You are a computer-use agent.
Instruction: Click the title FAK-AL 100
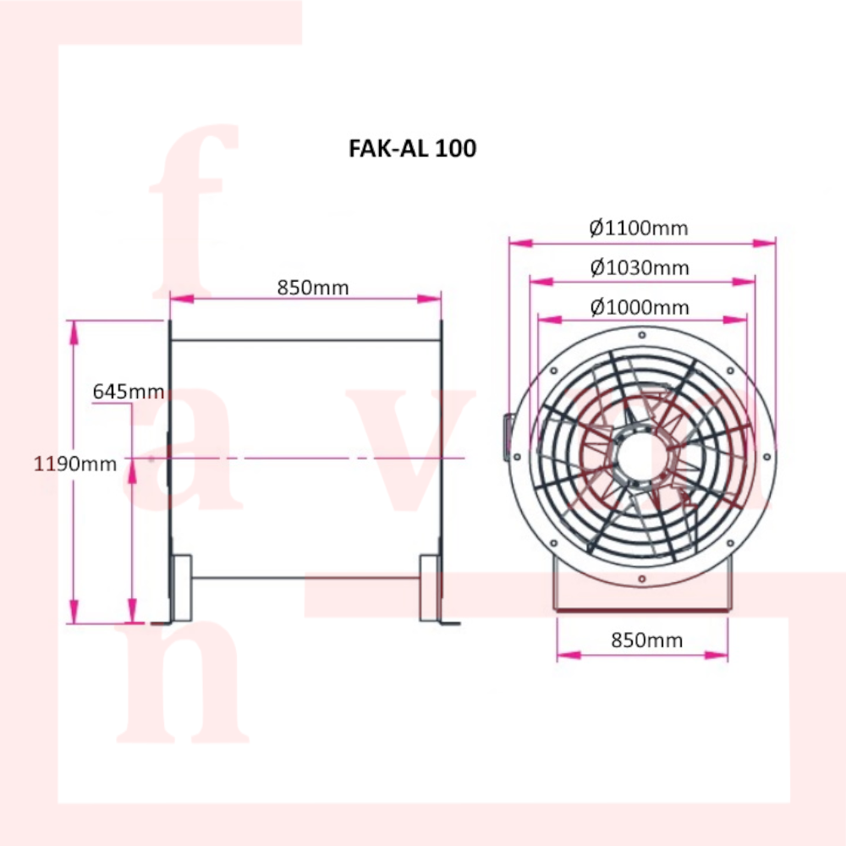click(x=412, y=149)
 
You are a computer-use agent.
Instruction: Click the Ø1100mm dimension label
click(x=639, y=228)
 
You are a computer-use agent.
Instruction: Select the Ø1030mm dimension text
click(x=640, y=268)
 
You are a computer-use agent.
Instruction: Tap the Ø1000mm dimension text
click(x=640, y=307)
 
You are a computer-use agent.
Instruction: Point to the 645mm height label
click(x=128, y=392)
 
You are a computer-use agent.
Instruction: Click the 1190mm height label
click(x=75, y=464)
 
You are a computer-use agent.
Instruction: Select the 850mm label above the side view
click(x=313, y=288)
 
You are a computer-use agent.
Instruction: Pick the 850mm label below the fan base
click(x=646, y=640)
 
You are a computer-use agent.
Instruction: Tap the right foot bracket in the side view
click(x=431, y=588)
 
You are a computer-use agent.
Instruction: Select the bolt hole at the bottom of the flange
click(x=643, y=579)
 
